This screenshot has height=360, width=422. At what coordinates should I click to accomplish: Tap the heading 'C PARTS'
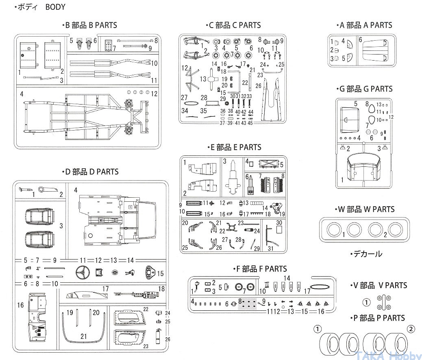[233, 25]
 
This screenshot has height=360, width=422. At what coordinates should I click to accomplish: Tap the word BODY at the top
[55, 7]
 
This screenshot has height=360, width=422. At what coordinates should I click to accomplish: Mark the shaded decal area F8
[247, 304]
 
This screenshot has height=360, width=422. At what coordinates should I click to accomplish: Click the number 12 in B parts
[154, 94]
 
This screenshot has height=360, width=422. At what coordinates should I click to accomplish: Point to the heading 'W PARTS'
[366, 209]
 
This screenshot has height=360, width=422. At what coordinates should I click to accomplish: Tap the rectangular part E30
[279, 229]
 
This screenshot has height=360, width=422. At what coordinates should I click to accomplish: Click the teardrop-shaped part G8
[372, 108]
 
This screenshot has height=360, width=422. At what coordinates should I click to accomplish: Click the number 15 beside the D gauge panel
[160, 274]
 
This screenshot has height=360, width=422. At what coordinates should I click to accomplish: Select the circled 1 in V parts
[366, 302]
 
